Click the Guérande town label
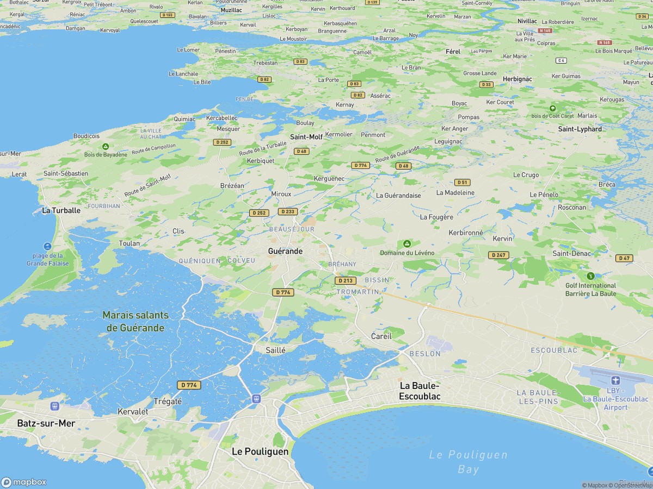pos(285,251)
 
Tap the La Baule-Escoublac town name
pos(420,391)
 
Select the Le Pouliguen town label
pos(260,452)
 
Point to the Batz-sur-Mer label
pos(46,423)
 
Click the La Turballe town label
pos(61,210)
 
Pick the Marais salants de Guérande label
pos(136,321)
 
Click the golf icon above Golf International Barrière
pos(590,276)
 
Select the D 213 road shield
pos(346,281)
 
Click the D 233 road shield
pos(287,211)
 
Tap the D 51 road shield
pos(462,183)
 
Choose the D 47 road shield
pos(624,258)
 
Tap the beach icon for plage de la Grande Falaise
pos(48,246)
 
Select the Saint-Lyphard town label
pos(580,129)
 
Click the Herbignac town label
pos(502,79)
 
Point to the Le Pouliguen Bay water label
pos(468,462)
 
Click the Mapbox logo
pos(24,482)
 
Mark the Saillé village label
pos(275,350)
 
